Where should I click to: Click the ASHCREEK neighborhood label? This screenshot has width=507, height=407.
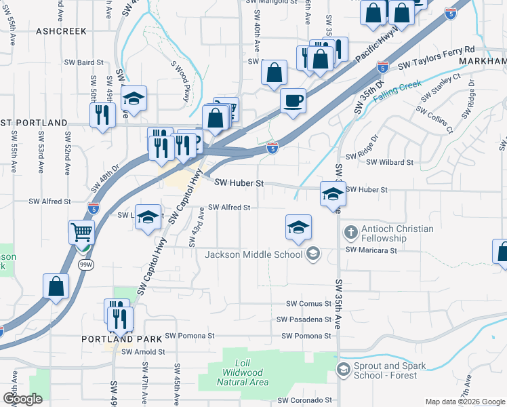[62, 31]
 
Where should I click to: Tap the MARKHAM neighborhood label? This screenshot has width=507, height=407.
[483, 61]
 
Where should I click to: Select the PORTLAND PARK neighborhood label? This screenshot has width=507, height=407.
[122, 338]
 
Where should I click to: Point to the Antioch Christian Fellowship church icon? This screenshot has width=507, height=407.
[350, 233]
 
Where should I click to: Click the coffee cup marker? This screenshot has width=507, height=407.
[293, 100]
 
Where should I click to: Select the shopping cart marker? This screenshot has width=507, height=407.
[81, 233]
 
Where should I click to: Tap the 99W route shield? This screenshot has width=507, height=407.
[85, 265]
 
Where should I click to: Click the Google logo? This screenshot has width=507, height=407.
[23, 399]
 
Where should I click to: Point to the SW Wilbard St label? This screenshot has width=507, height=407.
[390, 163]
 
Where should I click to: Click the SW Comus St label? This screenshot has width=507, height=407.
[308, 304]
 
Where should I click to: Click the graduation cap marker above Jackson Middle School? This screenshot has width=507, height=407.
[298, 228]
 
